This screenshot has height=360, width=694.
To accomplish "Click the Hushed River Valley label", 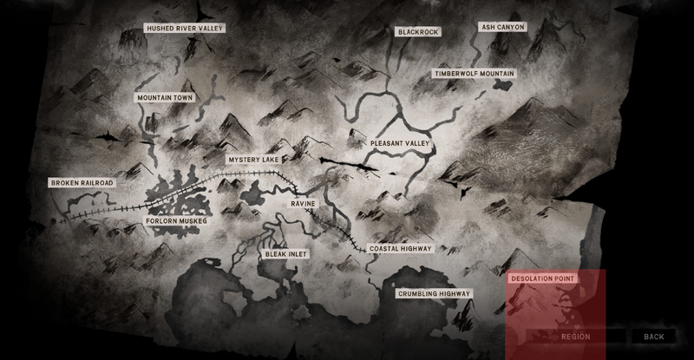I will (186, 29).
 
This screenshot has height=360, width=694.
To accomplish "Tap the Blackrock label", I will (418, 32).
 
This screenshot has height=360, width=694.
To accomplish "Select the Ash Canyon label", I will (502, 27).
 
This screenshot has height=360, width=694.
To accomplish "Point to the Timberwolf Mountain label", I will (475, 75).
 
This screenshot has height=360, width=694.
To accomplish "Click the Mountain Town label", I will (165, 98).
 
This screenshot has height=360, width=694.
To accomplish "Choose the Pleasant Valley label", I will (400, 143).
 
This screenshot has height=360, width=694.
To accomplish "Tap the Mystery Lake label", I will (255, 160).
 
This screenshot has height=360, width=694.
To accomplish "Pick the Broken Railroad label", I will (82, 183).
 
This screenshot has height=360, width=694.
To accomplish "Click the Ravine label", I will (304, 203).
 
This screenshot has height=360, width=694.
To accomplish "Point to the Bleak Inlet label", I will (286, 254).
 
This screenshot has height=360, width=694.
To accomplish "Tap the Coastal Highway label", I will (400, 248).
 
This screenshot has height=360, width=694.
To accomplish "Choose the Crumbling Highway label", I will (434, 294).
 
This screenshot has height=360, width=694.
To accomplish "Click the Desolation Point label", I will (542, 278).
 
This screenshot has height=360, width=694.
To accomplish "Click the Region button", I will (576, 337).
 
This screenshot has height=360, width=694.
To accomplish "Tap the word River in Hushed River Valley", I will (187, 29).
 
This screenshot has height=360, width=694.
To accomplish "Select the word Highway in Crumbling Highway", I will (454, 294).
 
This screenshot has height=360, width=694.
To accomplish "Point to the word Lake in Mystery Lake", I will (271, 160).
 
